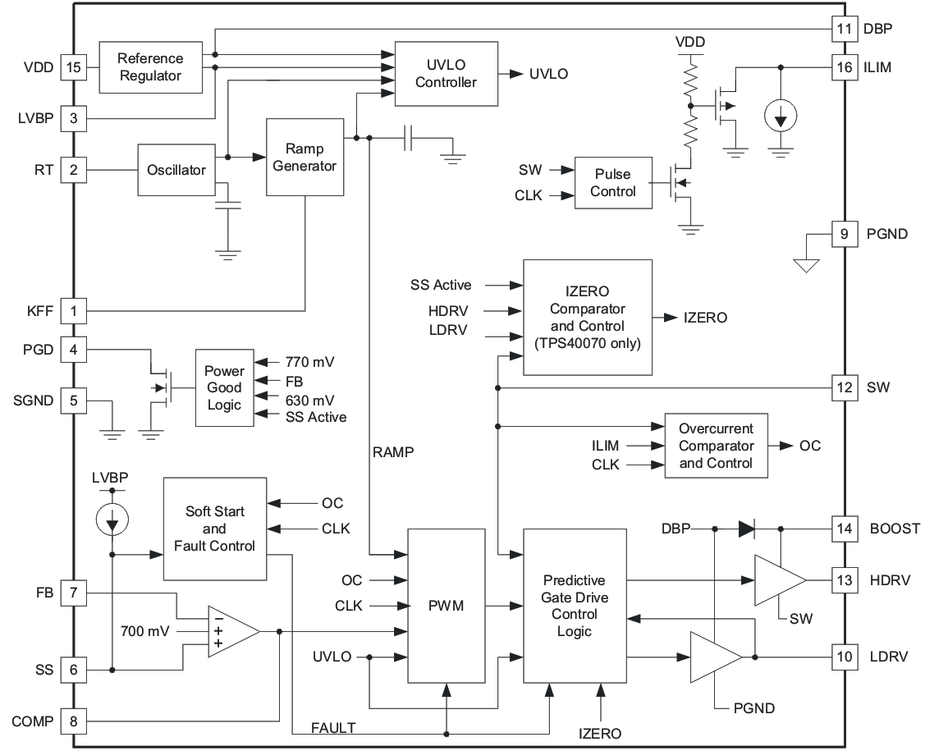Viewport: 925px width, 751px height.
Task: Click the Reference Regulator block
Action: pyautogui.click(x=150, y=67)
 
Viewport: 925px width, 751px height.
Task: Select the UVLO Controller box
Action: pyautogui.click(x=446, y=73)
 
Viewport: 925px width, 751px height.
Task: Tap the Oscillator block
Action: pyautogui.click(x=176, y=170)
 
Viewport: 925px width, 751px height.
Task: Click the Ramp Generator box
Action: pyautogui.click(x=305, y=157)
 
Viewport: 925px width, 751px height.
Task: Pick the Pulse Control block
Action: pyautogui.click(x=612, y=182)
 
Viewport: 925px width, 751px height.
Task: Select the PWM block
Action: pyautogui.click(x=446, y=606)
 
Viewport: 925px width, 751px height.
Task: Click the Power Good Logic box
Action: pyautogui.click(x=223, y=387)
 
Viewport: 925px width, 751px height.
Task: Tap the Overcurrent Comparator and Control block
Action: pyautogui.click(x=716, y=446)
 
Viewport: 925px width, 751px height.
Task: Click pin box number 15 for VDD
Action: pyautogui.click(x=75, y=68)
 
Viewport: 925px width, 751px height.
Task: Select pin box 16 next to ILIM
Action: pyautogui.click(x=845, y=67)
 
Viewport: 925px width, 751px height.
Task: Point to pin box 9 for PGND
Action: pyautogui.click(x=845, y=233)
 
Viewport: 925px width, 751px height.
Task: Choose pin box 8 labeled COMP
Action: pyautogui.click(x=75, y=721)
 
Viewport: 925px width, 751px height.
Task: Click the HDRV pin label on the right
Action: pyautogui.click(x=889, y=579)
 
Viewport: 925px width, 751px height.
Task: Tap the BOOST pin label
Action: pyautogui.click(x=895, y=529)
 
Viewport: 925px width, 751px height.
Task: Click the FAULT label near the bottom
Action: pyautogui.click(x=333, y=727)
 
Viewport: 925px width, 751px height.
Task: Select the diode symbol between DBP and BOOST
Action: pyautogui.click(x=746, y=529)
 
